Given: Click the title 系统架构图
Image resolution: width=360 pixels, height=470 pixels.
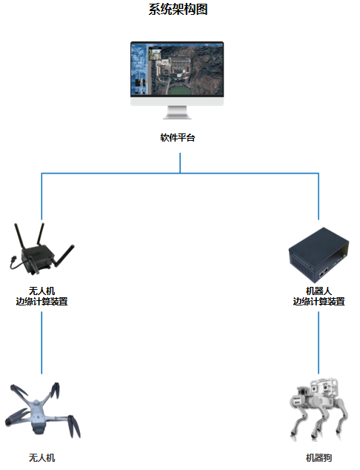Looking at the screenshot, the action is tap(178, 10).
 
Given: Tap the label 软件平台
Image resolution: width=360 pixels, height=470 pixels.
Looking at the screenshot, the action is tap(178, 138).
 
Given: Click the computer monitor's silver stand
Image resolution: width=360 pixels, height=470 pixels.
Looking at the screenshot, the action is tap(177, 113).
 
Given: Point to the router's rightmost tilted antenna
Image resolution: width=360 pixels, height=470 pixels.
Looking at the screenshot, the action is tap(64, 256).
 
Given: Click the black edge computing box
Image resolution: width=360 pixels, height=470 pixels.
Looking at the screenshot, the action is tap(319, 255).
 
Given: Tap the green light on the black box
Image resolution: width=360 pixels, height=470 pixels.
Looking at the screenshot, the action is tap(344, 256).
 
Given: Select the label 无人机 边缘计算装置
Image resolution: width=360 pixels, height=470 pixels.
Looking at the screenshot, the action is tap(41, 296).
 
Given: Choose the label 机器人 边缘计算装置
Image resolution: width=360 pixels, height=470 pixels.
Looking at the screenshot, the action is tap(319, 296).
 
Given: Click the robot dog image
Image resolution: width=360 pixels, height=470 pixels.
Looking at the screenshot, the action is tap(319, 409).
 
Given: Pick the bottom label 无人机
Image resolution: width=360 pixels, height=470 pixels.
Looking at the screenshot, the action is tap(41, 457).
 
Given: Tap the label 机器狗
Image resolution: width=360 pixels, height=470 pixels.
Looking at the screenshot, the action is tap(319, 457).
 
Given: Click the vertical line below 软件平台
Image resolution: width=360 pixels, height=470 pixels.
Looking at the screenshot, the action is tap(180, 163).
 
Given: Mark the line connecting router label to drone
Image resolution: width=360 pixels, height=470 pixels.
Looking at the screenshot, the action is tap(41, 342).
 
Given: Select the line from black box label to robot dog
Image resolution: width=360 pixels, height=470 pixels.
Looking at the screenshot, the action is tap(319, 342).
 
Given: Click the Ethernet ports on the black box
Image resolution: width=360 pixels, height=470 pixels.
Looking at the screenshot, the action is tap(324, 273).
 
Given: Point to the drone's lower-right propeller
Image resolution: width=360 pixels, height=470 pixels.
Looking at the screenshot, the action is tap(74, 426).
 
